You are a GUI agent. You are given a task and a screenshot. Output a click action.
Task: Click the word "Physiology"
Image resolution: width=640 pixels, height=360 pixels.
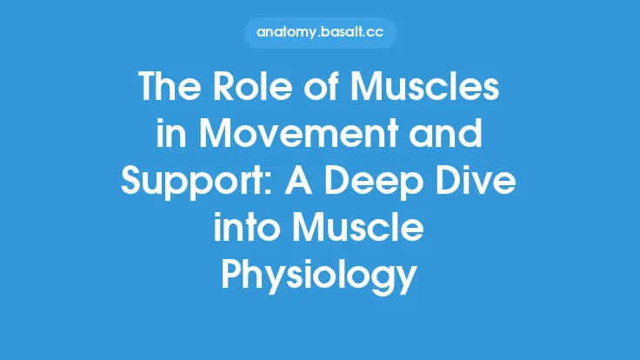click(x=319, y=277)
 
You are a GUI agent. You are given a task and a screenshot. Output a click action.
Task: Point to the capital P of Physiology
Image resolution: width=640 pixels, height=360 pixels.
click(x=233, y=276)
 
